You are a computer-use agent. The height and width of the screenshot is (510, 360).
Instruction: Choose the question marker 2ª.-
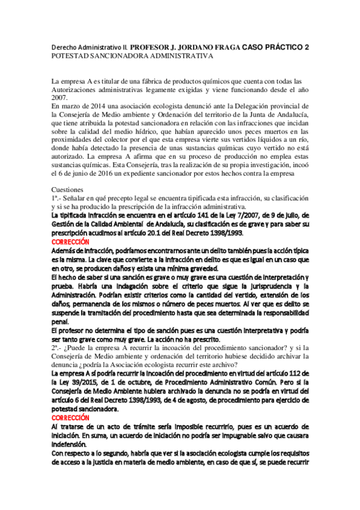pos(58,348)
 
